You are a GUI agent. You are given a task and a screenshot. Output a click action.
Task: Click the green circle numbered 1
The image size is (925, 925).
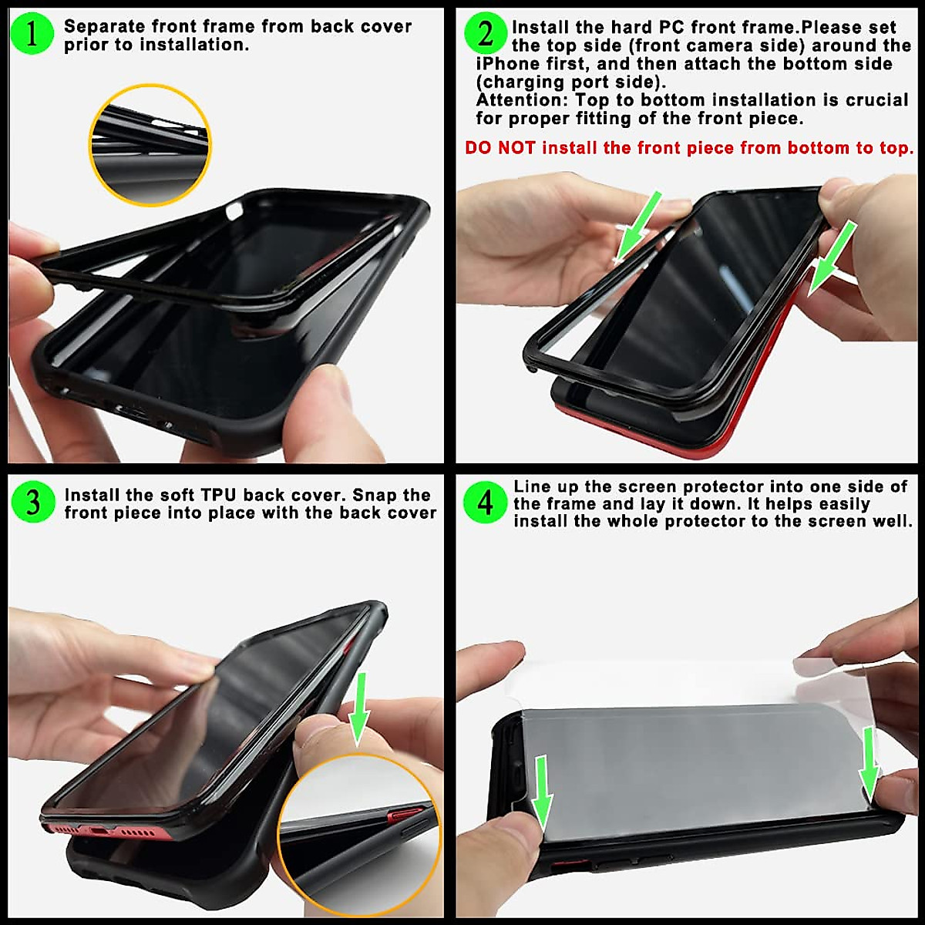(x=32, y=35)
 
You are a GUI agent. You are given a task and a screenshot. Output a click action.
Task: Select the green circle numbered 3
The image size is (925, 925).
(x=32, y=503)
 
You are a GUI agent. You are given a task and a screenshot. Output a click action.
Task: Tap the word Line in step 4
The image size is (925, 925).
(x=532, y=486)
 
